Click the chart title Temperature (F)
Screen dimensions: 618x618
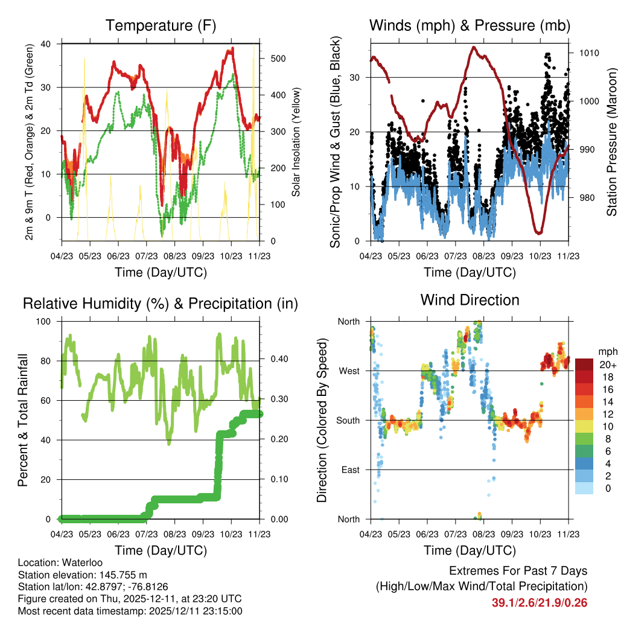(161, 25)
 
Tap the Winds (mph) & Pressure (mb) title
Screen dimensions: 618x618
(470, 25)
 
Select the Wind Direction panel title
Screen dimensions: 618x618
(470, 299)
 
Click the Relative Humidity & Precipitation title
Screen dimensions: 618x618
(161, 303)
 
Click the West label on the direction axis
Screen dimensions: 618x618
(349, 371)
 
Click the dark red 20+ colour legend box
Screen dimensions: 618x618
(586, 365)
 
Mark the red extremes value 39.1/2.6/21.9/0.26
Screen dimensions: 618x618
(540, 602)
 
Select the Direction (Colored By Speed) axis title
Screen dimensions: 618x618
(322, 419)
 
